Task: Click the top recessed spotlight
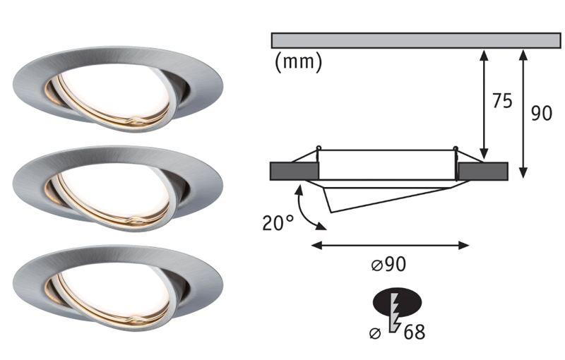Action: pyautogui.click(x=118, y=90)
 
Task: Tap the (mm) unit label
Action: pyautogui.click(x=297, y=62)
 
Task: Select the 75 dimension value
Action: pyautogui.click(x=501, y=102)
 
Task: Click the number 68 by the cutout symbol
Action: pyautogui.click(x=415, y=331)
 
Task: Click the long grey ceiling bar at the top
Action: pyautogui.click(x=415, y=40)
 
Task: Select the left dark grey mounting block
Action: pyautogui.click(x=294, y=171)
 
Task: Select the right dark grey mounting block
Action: pyautogui.click(x=482, y=171)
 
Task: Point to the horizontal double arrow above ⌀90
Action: pyautogui.click(x=390, y=245)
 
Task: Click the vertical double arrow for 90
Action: pyautogui.click(x=523, y=113)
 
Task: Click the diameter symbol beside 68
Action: pyautogui.click(x=378, y=332)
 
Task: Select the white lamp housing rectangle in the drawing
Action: pyautogui.click(x=387, y=164)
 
